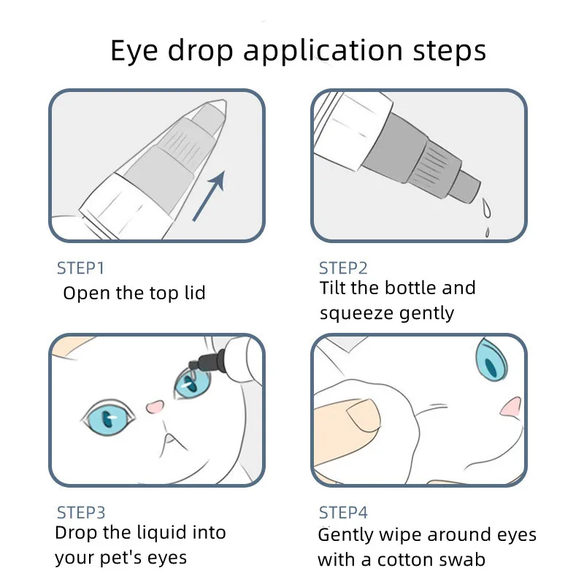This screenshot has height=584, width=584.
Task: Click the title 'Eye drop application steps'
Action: coord(298,51)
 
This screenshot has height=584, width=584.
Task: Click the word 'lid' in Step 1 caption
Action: coord(192,293)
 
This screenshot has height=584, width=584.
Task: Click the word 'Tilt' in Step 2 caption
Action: coord(333,288)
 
